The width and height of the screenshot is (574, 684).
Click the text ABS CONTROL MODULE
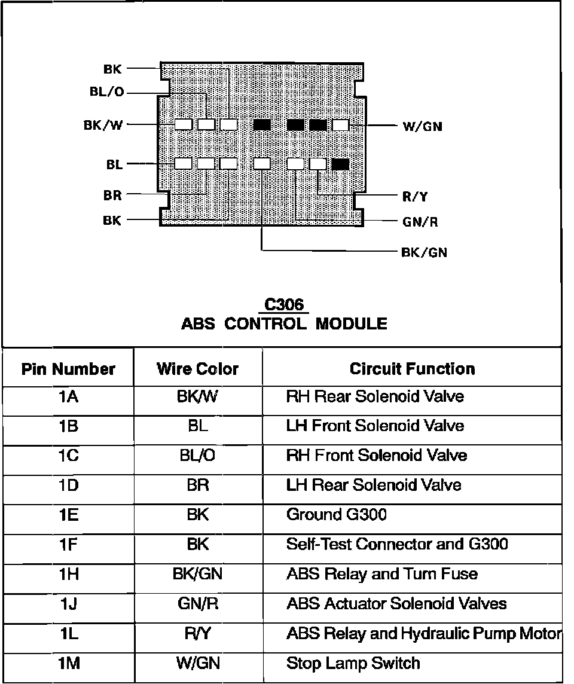pyautogui.click(x=284, y=324)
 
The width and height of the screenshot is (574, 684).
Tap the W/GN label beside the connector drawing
pyautogui.click(x=422, y=126)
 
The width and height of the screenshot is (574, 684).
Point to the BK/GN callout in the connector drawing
pyautogui.click(x=424, y=252)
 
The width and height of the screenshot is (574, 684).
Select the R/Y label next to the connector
pyautogui.click(x=415, y=196)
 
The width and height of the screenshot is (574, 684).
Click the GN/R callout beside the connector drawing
pyautogui.click(x=420, y=222)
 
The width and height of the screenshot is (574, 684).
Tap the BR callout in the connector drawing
pyautogui.click(x=112, y=195)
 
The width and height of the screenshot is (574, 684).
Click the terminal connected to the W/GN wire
pyautogui.click(x=340, y=125)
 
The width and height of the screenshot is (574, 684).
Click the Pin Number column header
pyautogui.click(x=68, y=369)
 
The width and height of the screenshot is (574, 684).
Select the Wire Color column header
pyautogui.click(x=197, y=369)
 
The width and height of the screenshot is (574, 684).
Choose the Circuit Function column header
pyautogui.click(x=413, y=369)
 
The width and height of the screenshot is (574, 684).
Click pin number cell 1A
pyautogui.click(x=68, y=396)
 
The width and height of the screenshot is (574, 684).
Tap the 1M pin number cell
pyautogui.click(x=68, y=663)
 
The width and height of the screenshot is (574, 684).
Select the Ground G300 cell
pyautogui.click(x=337, y=514)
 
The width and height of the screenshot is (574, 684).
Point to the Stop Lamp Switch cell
pyautogui.click(x=353, y=663)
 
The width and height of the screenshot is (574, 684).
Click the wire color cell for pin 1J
pyautogui.click(x=197, y=604)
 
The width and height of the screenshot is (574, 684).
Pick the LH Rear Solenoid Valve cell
pyautogui.click(x=374, y=485)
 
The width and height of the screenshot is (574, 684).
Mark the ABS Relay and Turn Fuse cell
pyautogui.click(x=382, y=574)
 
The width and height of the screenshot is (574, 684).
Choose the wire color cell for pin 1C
pyautogui.click(x=197, y=456)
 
